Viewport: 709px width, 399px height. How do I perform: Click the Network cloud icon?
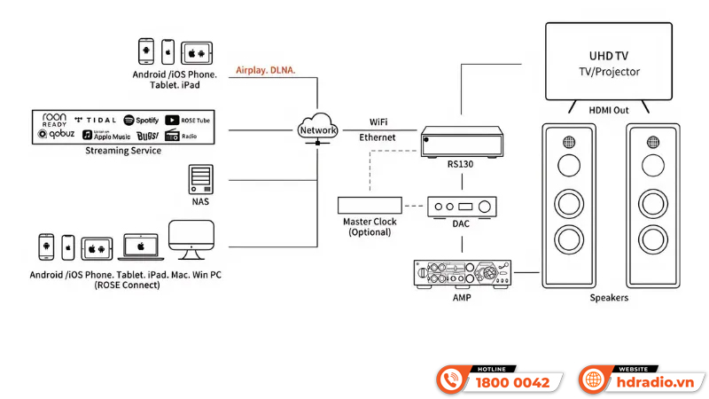tap(317, 128)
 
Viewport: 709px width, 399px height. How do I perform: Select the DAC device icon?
tap(462, 206)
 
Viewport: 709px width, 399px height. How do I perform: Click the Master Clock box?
tap(370, 206)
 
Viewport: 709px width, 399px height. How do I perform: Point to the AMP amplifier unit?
tap(462, 273)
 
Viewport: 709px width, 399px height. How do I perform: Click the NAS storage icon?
tap(200, 179)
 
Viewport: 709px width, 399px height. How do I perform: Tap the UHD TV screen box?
tap(608, 61)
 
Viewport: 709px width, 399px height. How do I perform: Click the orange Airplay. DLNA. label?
tap(266, 70)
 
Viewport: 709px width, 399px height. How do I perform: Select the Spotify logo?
tap(141, 120)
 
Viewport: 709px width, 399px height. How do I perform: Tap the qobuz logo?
tap(54, 135)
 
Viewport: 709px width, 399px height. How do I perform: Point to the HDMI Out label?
tap(608, 110)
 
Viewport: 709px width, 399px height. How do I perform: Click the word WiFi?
tap(378, 122)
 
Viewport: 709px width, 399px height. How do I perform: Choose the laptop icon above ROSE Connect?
tap(137, 246)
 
